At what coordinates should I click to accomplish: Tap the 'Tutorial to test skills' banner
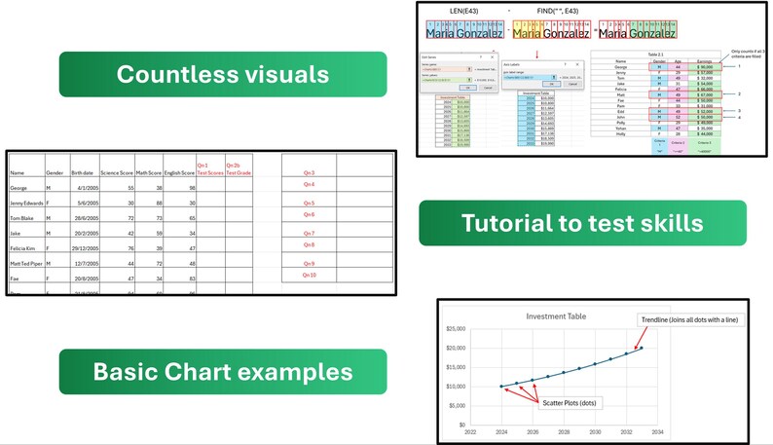click(x=582, y=223)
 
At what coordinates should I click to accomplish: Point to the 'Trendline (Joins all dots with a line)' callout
click(x=693, y=320)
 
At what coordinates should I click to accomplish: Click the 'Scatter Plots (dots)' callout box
click(x=569, y=403)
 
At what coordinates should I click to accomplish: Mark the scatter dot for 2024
click(x=501, y=387)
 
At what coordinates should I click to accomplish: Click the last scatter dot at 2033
click(x=642, y=348)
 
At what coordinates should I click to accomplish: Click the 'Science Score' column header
click(x=116, y=172)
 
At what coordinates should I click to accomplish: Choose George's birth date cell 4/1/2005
click(x=83, y=187)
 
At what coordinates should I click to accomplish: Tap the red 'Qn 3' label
click(x=309, y=172)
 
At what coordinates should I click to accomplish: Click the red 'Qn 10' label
click(x=309, y=276)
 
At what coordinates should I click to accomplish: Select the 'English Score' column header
click(x=179, y=172)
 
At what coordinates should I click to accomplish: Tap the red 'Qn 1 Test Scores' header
click(x=209, y=168)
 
